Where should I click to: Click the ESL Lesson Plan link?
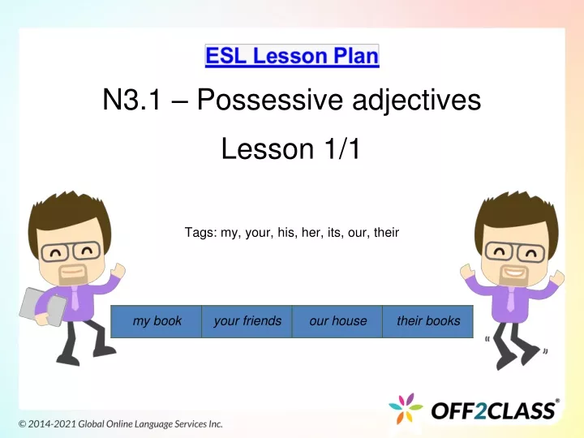[292, 56]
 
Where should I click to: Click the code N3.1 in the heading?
[132, 101]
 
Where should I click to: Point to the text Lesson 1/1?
[291, 149]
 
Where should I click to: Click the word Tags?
[200, 233]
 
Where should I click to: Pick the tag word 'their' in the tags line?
[386, 233]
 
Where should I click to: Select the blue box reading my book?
[157, 321]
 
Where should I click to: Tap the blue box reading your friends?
[247, 321]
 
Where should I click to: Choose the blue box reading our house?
[337, 321]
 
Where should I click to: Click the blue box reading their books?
[428, 321]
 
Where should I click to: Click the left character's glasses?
[71, 251]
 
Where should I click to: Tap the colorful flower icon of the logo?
[406, 409]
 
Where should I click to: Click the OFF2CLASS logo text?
[493, 410]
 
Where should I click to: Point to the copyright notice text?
[121, 424]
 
